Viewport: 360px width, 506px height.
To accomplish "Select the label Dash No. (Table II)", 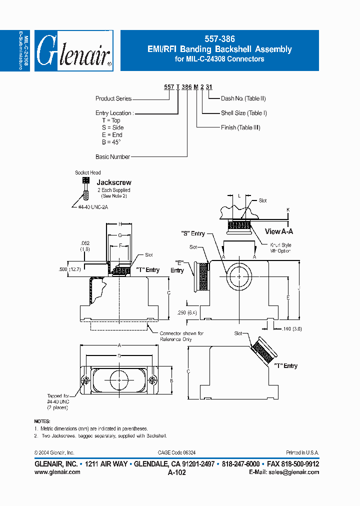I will (243, 98).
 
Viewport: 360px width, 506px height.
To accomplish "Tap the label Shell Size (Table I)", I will (244, 113).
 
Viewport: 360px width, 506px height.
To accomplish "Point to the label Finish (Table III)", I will (240, 127).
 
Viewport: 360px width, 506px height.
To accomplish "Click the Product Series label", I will (113, 98).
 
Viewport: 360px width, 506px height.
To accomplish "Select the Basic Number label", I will (112, 156).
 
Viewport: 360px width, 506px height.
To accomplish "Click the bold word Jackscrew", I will (114, 182).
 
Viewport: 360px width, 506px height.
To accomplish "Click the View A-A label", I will (279, 231).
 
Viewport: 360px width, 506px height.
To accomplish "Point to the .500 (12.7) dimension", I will (69, 269).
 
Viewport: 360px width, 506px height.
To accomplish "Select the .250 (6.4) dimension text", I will (188, 312).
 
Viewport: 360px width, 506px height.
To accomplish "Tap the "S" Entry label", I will (193, 233).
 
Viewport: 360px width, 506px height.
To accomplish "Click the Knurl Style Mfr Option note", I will (280, 248).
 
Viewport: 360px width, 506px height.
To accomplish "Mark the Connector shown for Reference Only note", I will (181, 336).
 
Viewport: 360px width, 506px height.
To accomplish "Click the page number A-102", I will (177, 472).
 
